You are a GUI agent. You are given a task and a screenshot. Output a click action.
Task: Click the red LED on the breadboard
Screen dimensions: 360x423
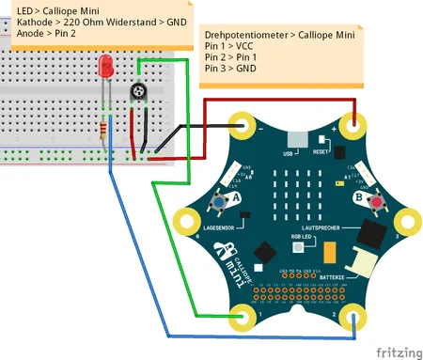[x=105, y=67]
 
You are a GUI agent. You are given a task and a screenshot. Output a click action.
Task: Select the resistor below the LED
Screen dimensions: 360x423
[x=102, y=129]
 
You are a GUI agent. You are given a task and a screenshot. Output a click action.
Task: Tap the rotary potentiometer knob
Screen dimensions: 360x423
[x=139, y=92]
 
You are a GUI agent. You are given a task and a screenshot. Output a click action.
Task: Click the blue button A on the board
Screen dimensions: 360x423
[x=219, y=202]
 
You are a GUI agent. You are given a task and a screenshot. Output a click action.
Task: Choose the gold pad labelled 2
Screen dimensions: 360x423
[x=354, y=319]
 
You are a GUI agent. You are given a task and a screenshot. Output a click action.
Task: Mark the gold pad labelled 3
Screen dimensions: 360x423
[x=410, y=222]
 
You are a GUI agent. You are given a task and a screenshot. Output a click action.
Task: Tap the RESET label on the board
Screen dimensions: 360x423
[x=321, y=151]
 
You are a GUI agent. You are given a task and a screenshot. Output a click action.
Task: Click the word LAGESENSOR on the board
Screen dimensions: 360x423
[x=218, y=227]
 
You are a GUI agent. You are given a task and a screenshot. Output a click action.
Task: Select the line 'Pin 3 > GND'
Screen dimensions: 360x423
[x=230, y=69]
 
